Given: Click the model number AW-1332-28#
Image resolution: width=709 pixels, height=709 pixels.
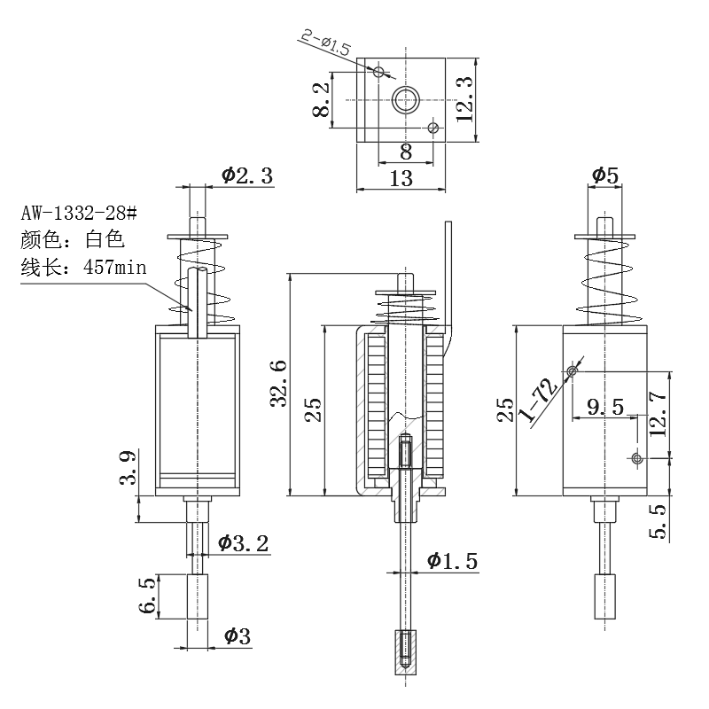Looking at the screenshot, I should click(x=79, y=214).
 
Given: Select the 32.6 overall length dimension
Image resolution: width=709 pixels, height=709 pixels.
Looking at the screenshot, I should click(x=277, y=382).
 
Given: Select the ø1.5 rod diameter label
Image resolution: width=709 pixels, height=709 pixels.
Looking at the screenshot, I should click(x=451, y=560).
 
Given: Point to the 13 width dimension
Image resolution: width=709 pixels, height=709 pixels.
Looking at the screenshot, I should click(x=401, y=178).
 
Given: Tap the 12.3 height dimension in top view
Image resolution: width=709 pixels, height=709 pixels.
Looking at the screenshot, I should click(x=464, y=97).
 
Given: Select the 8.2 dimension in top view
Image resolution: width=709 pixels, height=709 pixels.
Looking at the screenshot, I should click(x=323, y=98).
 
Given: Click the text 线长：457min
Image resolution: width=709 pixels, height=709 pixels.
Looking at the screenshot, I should click(x=82, y=267).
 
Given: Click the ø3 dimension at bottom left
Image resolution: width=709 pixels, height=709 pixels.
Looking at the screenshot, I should click(x=237, y=635).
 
